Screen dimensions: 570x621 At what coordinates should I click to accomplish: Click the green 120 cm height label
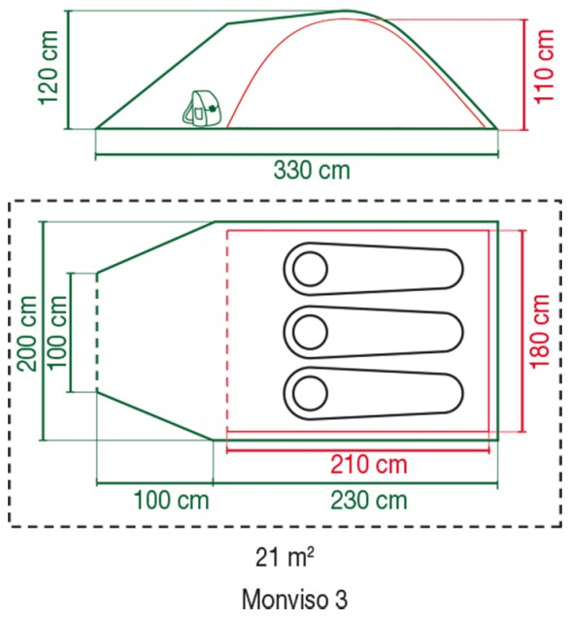coord(50,68)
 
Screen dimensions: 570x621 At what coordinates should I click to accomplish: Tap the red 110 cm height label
coord(544,66)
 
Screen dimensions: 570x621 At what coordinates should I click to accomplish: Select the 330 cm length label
coord(312,171)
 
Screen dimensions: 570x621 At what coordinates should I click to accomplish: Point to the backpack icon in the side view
coord(202,109)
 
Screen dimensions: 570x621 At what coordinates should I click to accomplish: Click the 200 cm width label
coord(28,334)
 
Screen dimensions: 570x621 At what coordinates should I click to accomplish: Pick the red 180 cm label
coord(540,332)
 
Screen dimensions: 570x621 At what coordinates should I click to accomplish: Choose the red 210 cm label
coord(369,464)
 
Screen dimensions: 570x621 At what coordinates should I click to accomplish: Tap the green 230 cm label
coord(369,501)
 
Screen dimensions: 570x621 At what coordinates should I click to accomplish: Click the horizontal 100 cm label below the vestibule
coord(171,501)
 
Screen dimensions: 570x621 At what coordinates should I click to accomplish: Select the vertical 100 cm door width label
coord(56,332)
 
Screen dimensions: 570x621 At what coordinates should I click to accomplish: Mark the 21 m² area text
coord(285,558)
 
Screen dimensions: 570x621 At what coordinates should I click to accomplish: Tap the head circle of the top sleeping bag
coord(310,269)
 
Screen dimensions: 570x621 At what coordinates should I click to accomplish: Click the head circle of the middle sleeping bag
coord(310,332)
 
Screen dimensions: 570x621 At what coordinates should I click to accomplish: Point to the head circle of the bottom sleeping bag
coord(310,393)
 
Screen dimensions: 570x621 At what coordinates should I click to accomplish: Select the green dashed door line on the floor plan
coord(97,332)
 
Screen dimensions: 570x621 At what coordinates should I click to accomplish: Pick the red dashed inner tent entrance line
coord(226,331)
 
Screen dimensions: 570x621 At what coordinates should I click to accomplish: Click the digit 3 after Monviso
coord(341,600)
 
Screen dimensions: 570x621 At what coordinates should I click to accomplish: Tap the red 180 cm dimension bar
coord(523,331)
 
